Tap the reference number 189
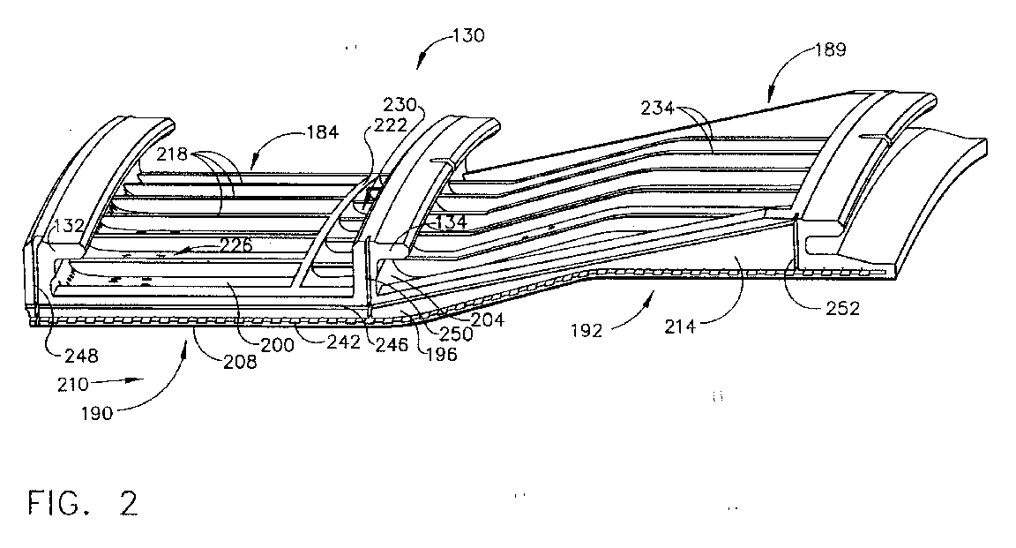830,50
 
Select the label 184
322,132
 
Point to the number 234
658,108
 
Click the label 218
172,154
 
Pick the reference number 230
400,104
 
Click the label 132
69,226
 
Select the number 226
235,244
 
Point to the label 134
451,222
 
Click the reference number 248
82,356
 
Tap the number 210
73,385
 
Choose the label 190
97,413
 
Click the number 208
240,362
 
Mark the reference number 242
343,342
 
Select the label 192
586,331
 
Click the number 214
680,327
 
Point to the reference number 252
842,308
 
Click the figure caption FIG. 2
83,503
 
